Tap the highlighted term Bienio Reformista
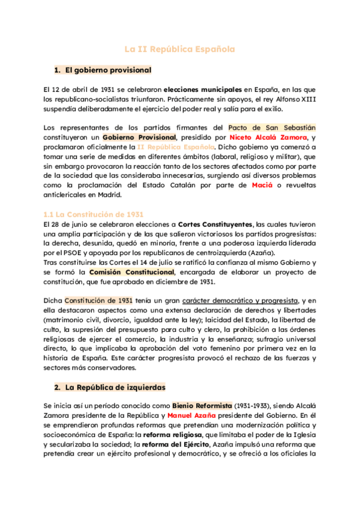click(x=202, y=405)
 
